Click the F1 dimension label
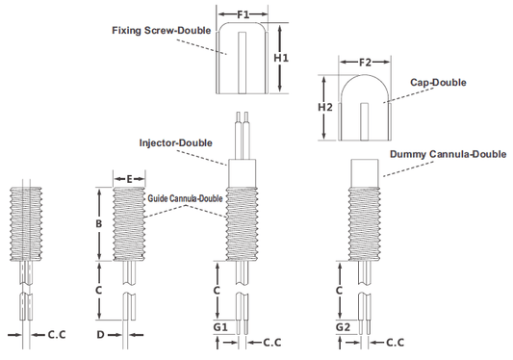point(243,14)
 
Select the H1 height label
point(281,58)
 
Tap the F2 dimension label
point(365,63)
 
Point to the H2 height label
point(325,107)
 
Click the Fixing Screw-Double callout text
point(162,31)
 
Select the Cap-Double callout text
point(438,82)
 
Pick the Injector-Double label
point(176,143)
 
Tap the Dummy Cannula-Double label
point(448,154)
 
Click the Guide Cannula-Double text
point(185,198)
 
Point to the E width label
point(129,179)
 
